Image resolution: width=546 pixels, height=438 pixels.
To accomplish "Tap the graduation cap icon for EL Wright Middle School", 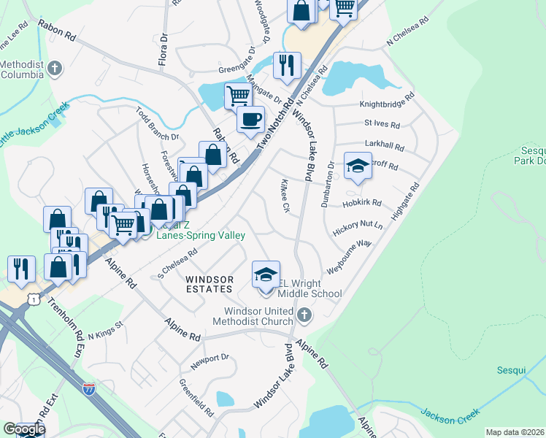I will click(x=266, y=275).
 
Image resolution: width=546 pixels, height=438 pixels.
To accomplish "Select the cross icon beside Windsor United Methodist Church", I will click(x=304, y=316).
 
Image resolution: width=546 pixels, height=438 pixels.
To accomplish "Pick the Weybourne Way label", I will click(x=350, y=256).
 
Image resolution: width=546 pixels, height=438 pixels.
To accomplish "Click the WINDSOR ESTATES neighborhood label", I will click(x=209, y=285).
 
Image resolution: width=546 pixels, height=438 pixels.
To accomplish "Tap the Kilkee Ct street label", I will click(x=285, y=196).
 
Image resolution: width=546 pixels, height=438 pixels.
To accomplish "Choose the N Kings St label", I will click(x=106, y=331).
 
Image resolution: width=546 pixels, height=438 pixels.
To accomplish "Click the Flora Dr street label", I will click(x=164, y=49).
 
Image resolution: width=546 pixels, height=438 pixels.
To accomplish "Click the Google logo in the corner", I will click(x=23, y=429).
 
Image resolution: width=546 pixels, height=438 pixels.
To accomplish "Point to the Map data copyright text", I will click(x=515, y=432).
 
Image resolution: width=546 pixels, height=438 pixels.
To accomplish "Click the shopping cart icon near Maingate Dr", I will click(x=238, y=95).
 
